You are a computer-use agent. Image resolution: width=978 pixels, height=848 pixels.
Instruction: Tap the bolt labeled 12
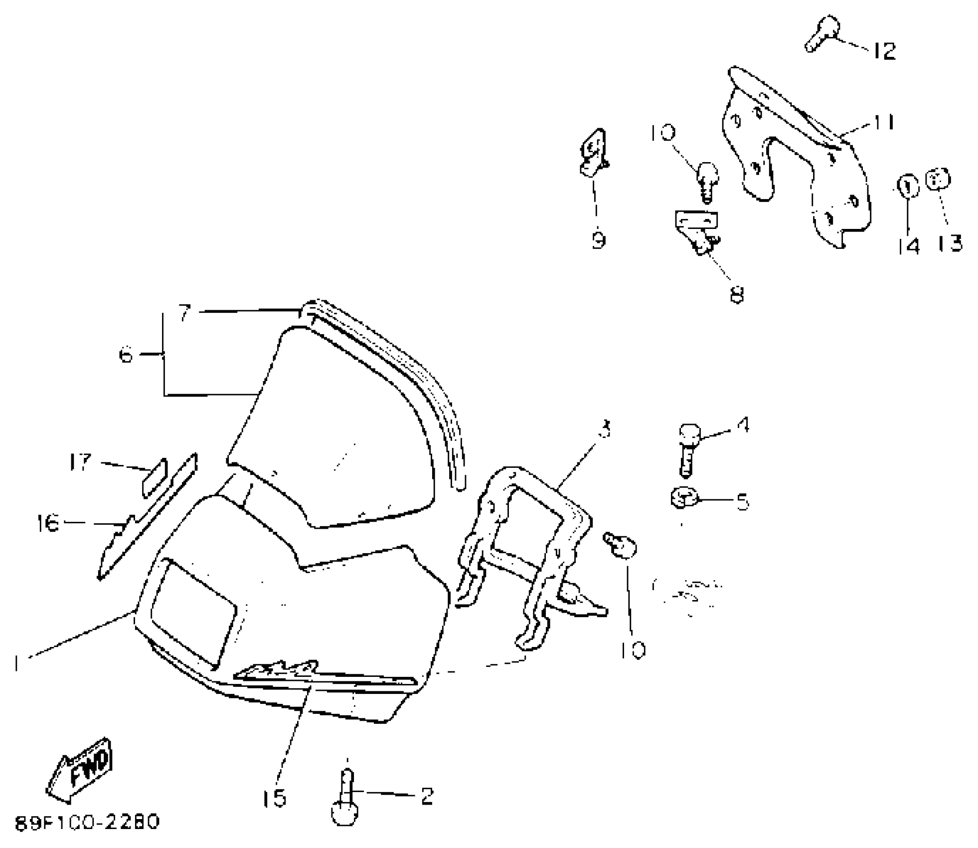821,32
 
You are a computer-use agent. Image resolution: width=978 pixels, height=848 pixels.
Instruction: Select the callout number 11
881,122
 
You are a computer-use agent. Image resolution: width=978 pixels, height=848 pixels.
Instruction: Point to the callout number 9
598,240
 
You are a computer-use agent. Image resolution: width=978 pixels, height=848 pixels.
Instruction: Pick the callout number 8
736,294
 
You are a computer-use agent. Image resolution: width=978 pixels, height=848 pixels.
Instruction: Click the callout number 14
908,246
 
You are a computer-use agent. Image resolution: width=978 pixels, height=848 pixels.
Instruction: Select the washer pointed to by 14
908,187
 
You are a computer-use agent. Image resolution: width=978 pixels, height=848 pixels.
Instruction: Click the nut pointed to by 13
938,180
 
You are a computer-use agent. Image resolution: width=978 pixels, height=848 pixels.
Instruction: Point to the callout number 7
185,314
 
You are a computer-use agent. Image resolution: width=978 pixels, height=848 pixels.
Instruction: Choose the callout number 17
80,462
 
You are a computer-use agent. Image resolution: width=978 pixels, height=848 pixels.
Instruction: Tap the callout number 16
48,523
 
